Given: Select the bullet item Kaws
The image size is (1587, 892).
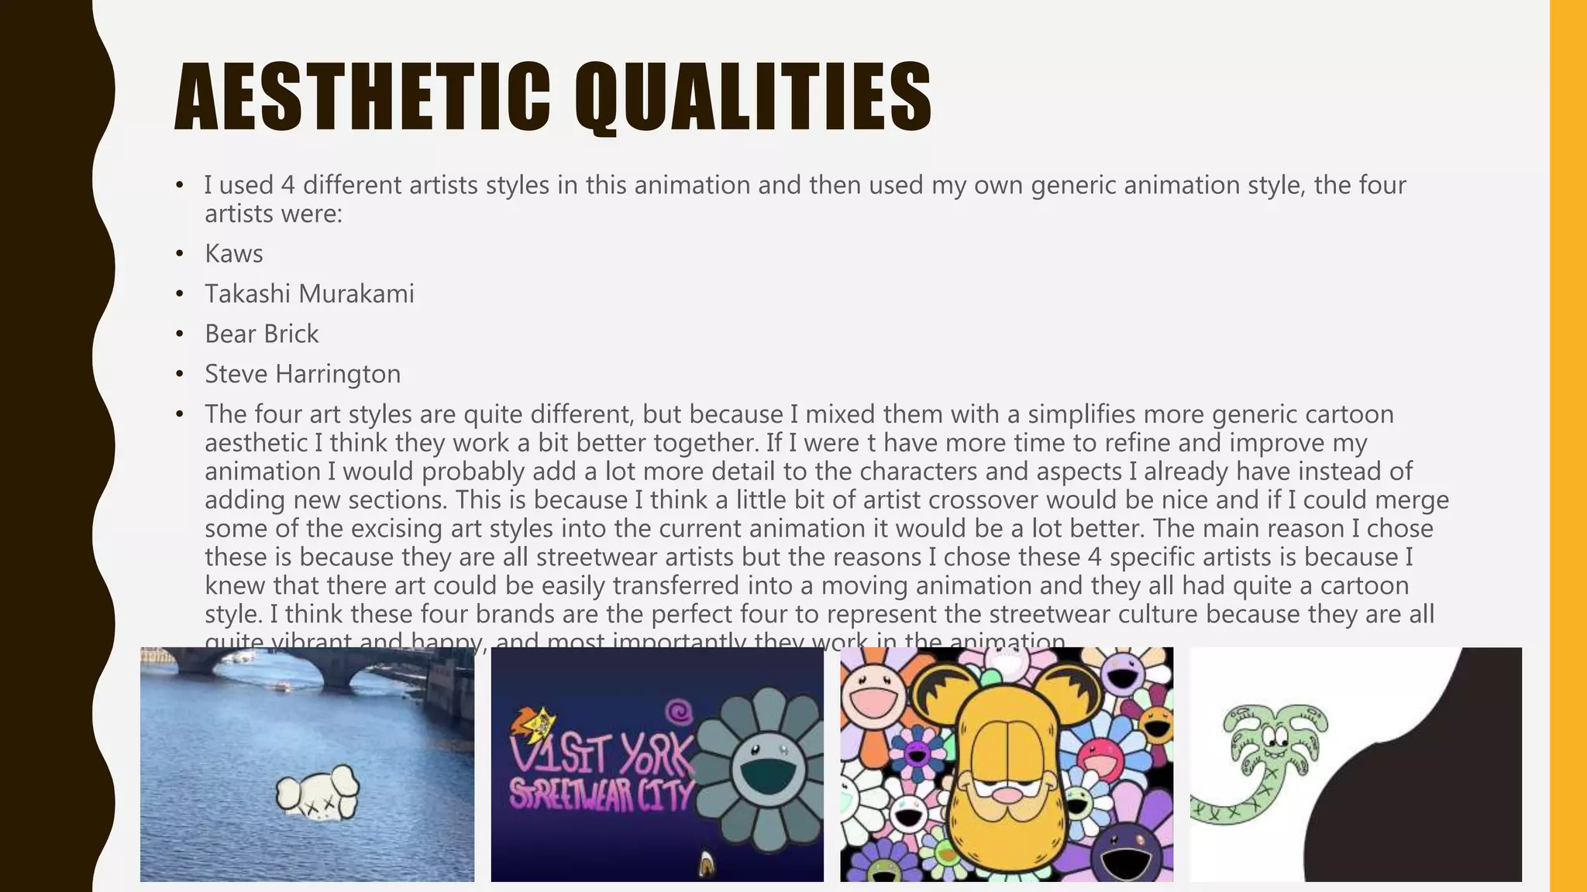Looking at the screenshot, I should coord(233,254).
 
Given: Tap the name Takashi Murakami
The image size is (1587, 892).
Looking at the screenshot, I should coord(309,294).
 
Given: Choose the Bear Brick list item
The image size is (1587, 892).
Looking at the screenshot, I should coord(261,334).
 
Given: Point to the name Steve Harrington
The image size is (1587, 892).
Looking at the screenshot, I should coord(302,375).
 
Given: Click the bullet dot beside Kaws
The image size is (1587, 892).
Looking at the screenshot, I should coord(180,254).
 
